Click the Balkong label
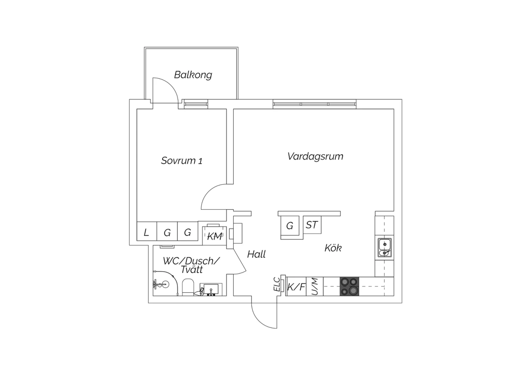pyautogui.click(x=193, y=75)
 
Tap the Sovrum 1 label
pyautogui.click(x=182, y=161)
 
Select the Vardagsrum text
pyautogui.click(x=315, y=157)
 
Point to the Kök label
pyautogui.click(x=333, y=248)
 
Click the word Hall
pyautogui.click(x=256, y=254)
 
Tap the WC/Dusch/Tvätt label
pyautogui.click(x=192, y=265)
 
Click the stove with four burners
pyautogui.click(x=349, y=287)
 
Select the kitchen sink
pyautogui.click(x=384, y=247)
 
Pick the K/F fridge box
pyautogui.click(x=296, y=287)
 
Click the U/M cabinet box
pyautogui.click(x=315, y=287)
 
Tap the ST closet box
pyautogui.click(x=312, y=225)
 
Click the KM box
pyautogui.click(x=214, y=236)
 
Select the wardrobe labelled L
pyautogui.click(x=147, y=231)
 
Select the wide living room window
pyautogui.click(x=314, y=104)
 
